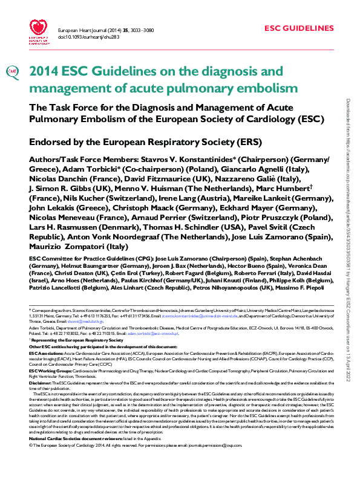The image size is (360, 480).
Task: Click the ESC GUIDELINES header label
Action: point(298,28)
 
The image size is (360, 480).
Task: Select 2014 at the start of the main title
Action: point(45,71)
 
